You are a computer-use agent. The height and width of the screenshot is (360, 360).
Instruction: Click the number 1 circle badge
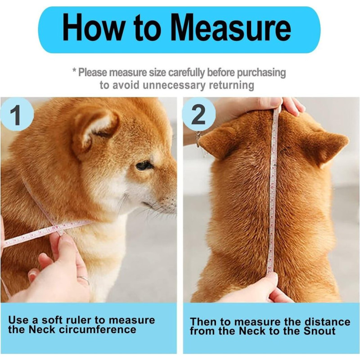coord(17,114)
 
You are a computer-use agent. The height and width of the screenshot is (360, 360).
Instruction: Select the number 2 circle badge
coord(198,114)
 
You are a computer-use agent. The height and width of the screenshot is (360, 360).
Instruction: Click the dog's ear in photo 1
coord(96,130)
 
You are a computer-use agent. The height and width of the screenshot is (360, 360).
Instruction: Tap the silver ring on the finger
coord(84,279)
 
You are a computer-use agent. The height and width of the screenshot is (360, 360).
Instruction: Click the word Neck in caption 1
coord(42,330)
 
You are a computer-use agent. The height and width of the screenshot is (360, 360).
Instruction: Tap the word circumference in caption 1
coord(98,330)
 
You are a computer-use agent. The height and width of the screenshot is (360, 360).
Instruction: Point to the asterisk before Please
coord(74,70)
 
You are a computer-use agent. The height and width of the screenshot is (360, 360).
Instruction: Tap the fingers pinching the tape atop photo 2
coord(292,106)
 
